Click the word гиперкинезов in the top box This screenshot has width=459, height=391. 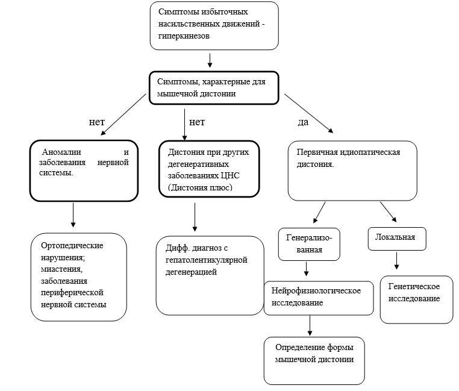tap(184, 36)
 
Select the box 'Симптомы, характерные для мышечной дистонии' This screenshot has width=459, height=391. tap(214, 88)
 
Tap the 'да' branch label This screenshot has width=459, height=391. tap(303, 122)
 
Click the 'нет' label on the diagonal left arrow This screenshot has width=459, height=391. tap(97, 122)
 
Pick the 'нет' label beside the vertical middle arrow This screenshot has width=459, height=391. tap(197, 122)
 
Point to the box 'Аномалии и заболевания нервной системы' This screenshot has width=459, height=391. tap(84, 170)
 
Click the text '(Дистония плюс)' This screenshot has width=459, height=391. tap(200, 187)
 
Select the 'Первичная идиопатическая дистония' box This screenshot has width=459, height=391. tap(352, 170)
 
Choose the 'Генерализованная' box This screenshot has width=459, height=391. tap(309, 244)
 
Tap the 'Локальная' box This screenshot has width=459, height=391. tap(397, 239)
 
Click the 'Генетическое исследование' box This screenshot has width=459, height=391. tap(417, 299)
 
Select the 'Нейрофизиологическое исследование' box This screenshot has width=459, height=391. tap(319, 298)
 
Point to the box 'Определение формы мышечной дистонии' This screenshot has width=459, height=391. tap(314, 361)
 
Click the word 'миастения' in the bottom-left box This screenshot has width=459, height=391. tap(61, 269)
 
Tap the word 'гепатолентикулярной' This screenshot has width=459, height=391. tap(207, 260)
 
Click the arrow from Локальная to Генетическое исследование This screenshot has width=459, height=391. tap(396, 261)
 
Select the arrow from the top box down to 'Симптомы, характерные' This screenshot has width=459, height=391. tap(210, 60)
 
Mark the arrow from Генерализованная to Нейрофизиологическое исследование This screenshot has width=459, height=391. tap(306, 269)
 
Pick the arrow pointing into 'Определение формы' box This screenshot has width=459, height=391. tap(310, 326)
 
